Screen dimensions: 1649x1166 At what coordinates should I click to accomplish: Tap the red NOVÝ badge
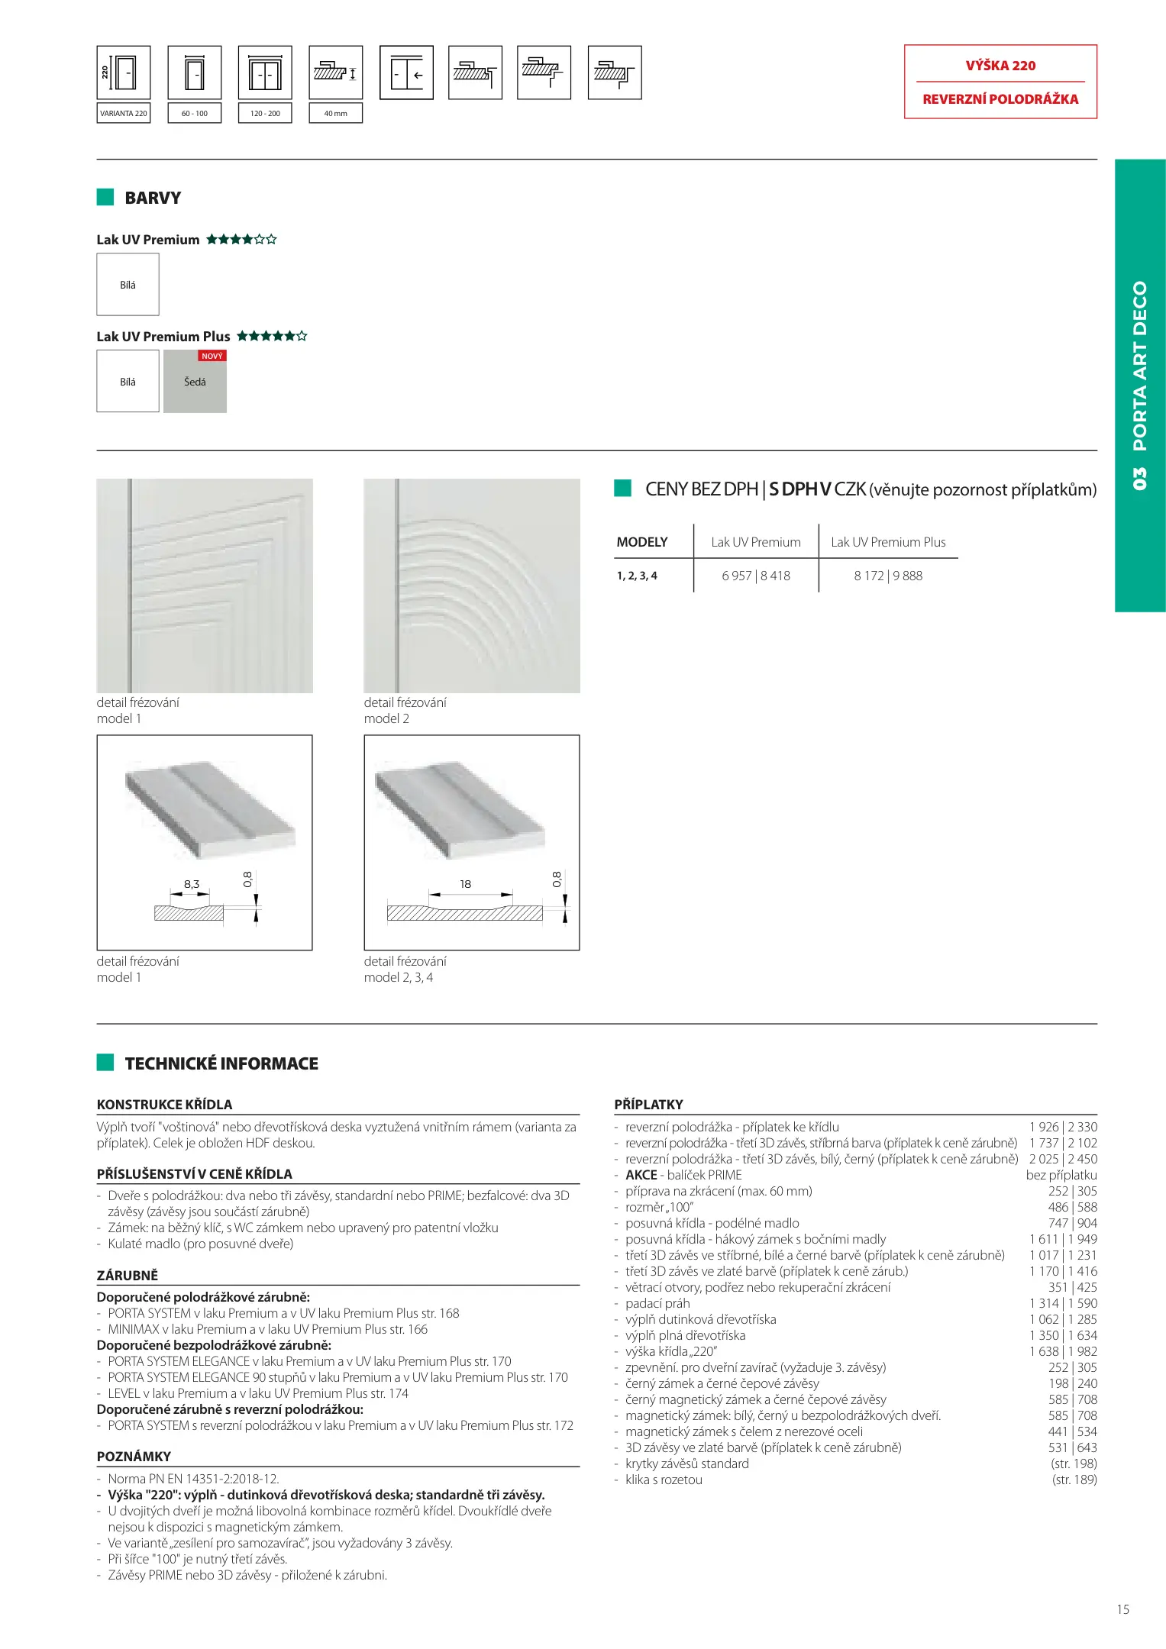click(x=212, y=356)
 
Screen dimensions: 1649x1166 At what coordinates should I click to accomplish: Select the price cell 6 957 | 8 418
click(x=756, y=576)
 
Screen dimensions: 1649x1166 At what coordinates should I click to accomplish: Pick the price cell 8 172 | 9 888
click(x=888, y=576)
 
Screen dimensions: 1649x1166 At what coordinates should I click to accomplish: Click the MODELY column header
click(x=642, y=542)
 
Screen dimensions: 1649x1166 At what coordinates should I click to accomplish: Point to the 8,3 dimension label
click(x=191, y=884)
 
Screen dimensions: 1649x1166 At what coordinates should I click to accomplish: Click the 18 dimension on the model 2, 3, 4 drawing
click(x=465, y=884)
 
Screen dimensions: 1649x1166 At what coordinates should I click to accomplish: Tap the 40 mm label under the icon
click(x=335, y=113)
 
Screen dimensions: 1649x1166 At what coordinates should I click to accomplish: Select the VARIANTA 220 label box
click(x=124, y=113)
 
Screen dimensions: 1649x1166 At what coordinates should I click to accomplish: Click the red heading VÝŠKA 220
click(x=1000, y=66)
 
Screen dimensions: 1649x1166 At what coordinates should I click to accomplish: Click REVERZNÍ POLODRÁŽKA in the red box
click(x=1000, y=99)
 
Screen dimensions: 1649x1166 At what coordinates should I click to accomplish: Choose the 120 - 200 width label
click(x=265, y=113)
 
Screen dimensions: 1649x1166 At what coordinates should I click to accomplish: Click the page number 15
click(x=1122, y=1609)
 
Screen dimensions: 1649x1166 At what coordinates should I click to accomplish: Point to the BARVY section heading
click(x=153, y=198)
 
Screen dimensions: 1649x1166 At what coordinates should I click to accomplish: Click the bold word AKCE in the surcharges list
click(x=641, y=1175)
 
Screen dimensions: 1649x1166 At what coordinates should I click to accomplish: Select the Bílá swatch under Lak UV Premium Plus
click(x=128, y=382)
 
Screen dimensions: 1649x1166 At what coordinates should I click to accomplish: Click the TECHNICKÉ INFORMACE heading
click(x=221, y=1063)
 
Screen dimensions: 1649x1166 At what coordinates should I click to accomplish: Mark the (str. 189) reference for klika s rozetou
click(x=1074, y=1480)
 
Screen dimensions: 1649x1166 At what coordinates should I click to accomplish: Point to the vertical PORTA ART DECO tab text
click(x=1140, y=366)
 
